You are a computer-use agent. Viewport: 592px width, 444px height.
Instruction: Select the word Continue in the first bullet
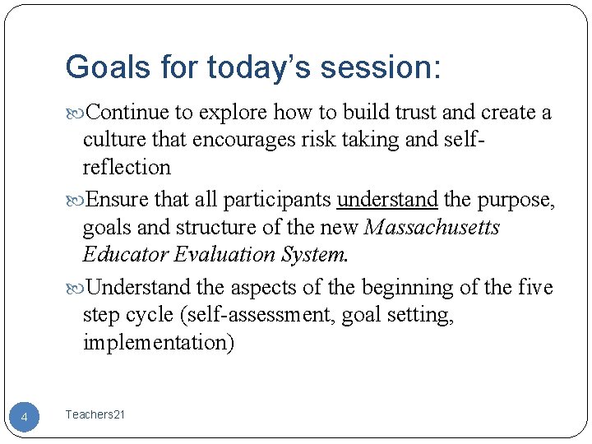pos(127,112)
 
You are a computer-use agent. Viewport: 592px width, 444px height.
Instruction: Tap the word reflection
pos(127,168)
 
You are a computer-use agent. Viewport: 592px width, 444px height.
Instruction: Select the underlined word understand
pos(388,200)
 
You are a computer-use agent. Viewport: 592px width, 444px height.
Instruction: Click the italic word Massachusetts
pos(431,228)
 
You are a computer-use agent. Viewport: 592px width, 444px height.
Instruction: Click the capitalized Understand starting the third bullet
pos(140,288)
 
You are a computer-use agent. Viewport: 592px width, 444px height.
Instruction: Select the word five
pos(536,288)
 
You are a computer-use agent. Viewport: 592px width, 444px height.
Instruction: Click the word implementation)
pos(158,343)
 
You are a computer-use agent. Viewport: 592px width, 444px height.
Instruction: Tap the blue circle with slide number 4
pos(24,418)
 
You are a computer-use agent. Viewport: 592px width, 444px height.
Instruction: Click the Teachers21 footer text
pos(95,415)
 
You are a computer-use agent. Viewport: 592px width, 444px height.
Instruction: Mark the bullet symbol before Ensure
pos(78,201)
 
